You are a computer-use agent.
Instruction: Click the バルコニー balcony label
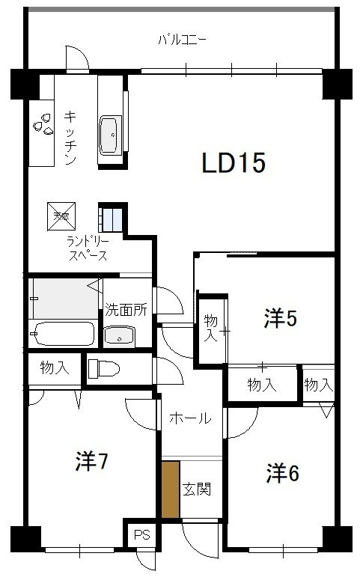tap(182, 39)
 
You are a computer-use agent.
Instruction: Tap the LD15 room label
tap(233, 163)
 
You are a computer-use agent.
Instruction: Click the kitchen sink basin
tap(110, 135)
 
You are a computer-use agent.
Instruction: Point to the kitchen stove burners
tap(42, 123)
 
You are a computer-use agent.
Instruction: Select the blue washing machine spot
tap(112, 219)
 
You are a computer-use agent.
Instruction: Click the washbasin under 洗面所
tap(118, 336)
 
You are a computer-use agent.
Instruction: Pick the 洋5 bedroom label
tap(280, 319)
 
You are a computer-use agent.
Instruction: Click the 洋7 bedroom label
tap(92, 462)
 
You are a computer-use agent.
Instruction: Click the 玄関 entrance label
tap(196, 489)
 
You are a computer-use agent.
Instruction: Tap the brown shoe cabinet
tap(171, 489)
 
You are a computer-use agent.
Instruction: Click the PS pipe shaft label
tap(141, 535)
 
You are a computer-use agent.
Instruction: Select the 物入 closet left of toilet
tap(54, 367)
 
